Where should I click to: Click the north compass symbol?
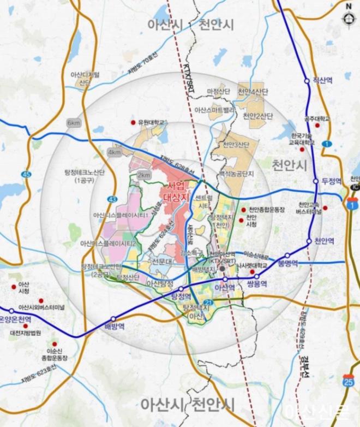[x=348, y=17]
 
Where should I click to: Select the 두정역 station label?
[x=331, y=181]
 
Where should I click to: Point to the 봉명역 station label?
[x=304, y=263]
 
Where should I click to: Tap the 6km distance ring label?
[x=73, y=123]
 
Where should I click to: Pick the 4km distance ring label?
[x=115, y=153]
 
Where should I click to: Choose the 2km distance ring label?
[x=144, y=175]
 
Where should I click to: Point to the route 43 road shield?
[x=112, y=199]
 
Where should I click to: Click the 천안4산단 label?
[x=251, y=91]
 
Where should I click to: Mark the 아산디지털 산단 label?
[x=86, y=79]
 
